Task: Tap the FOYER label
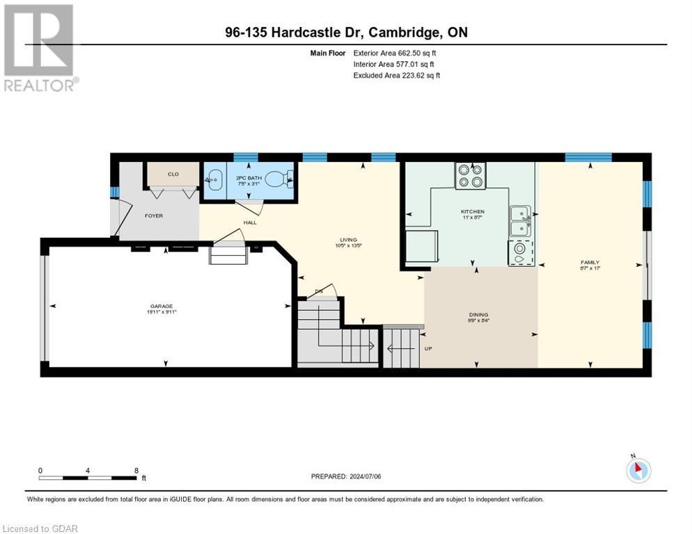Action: click(x=154, y=216)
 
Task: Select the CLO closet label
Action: click(x=173, y=174)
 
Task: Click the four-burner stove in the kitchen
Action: click(x=470, y=176)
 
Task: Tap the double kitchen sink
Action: click(x=519, y=220)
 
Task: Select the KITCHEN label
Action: click(x=472, y=211)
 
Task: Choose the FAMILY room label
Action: click(x=590, y=262)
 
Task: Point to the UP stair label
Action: click(x=429, y=348)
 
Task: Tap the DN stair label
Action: click(x=319, y=291)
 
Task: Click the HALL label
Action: click(x=250, y=222)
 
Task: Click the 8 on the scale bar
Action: click(x=135, y=470)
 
